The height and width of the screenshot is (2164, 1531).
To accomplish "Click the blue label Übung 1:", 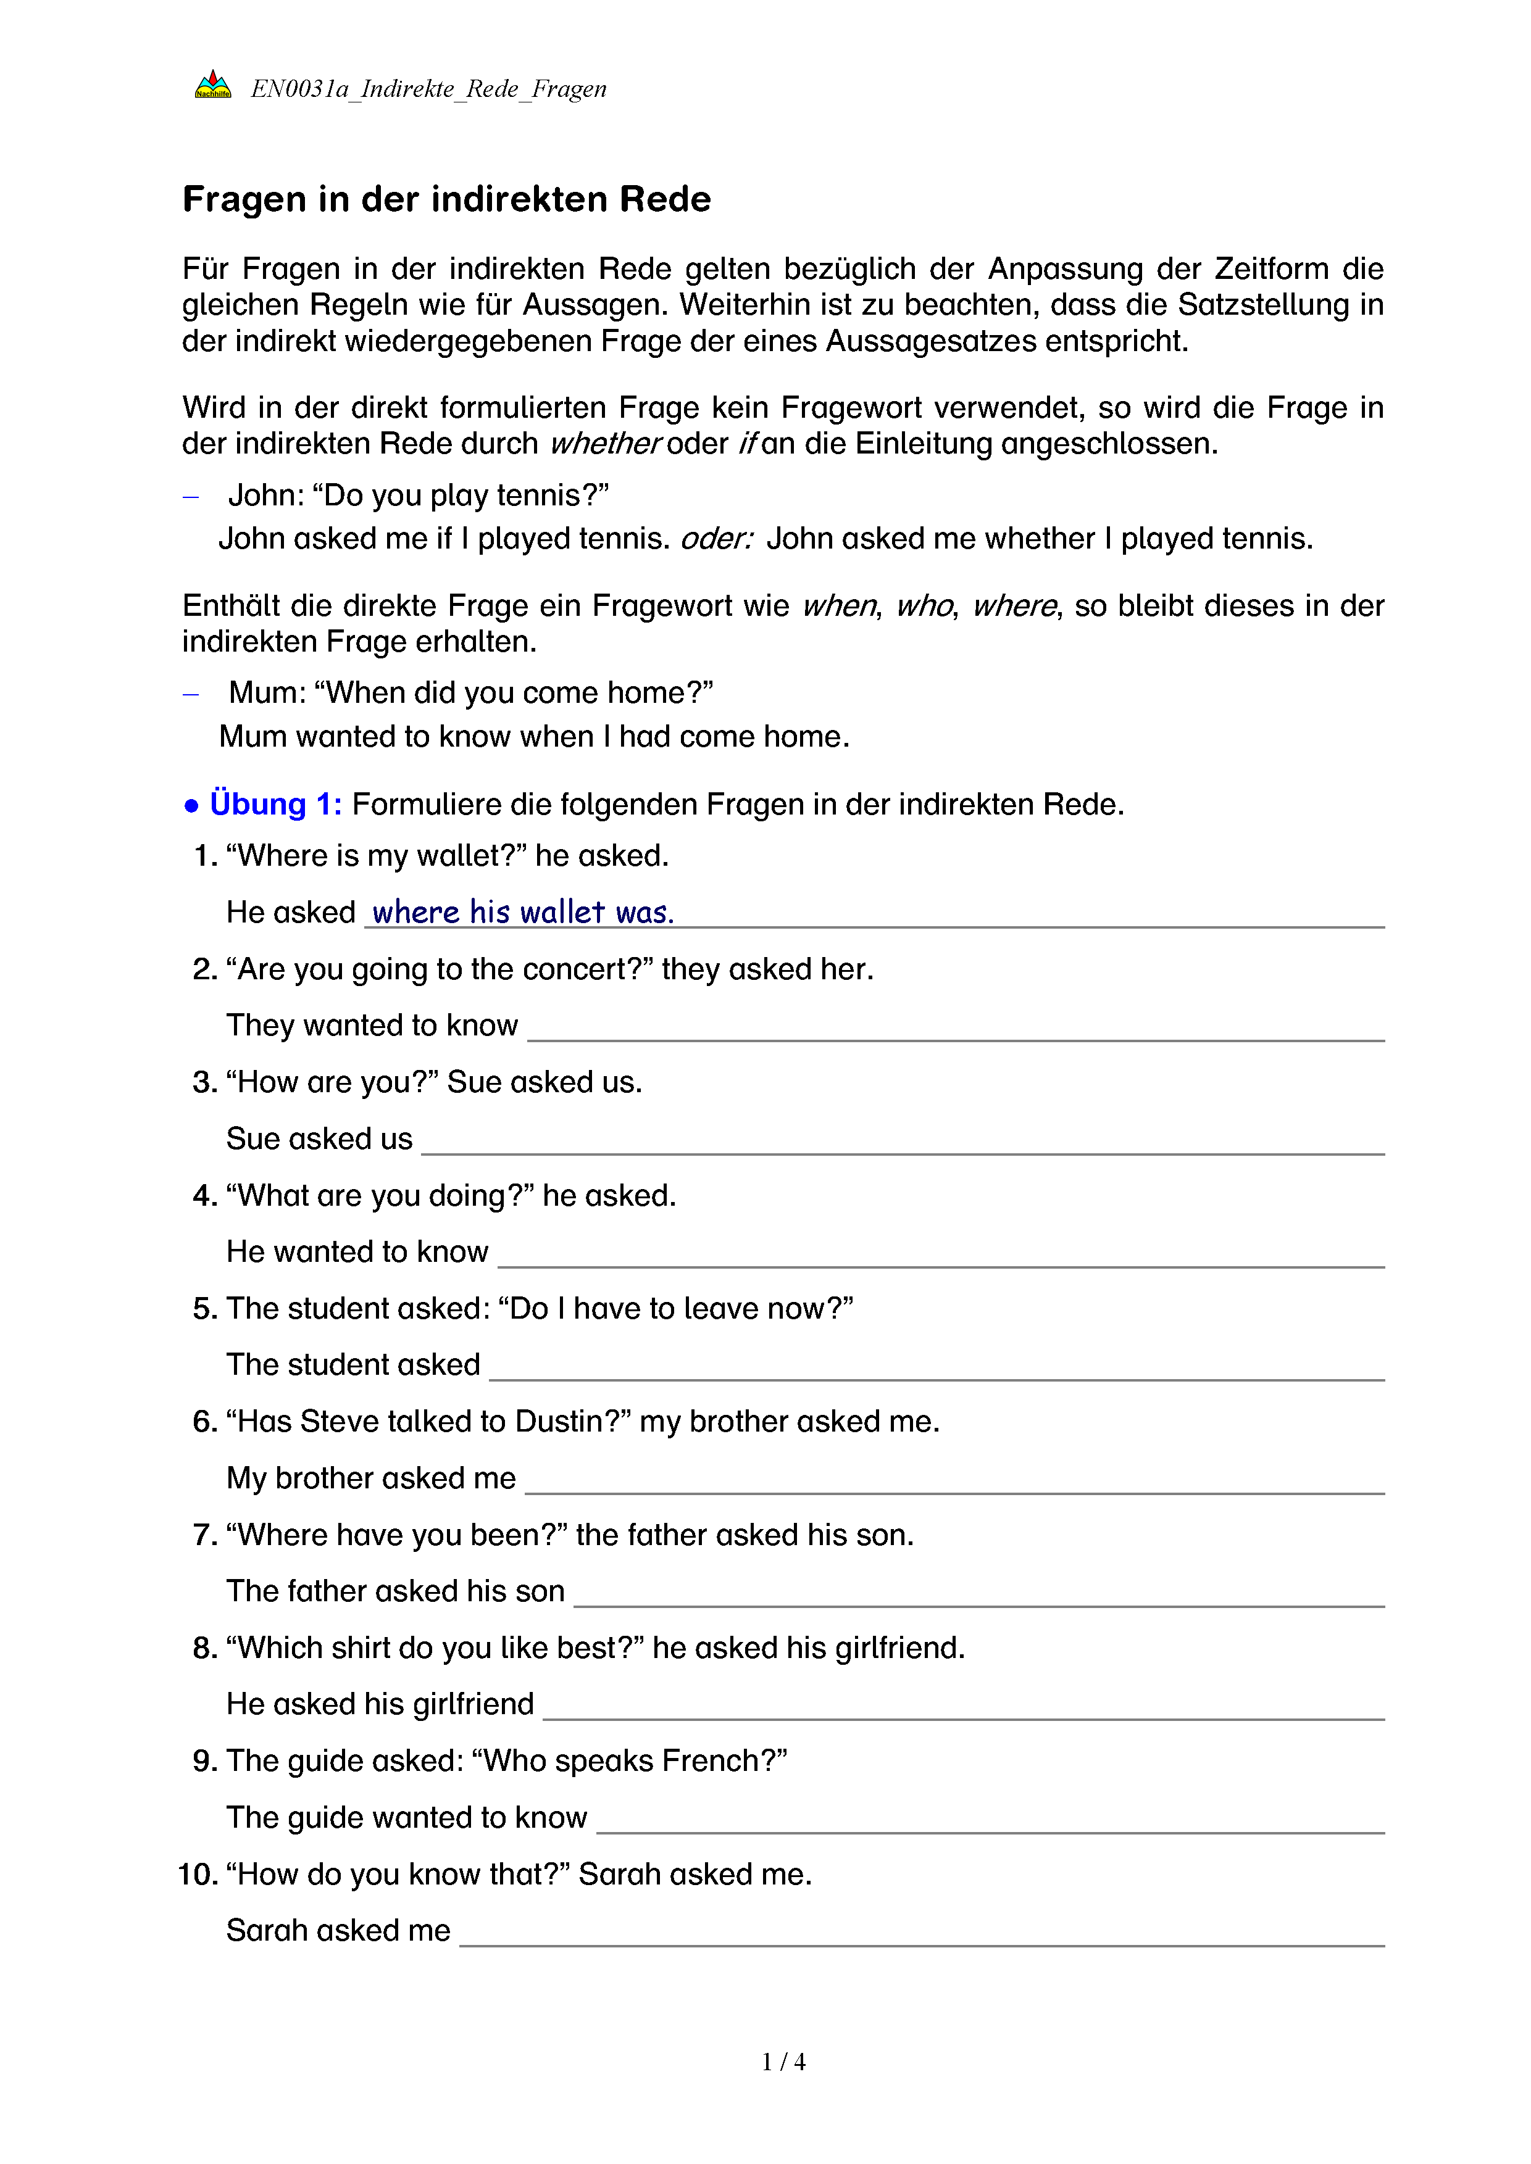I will pos(275,804).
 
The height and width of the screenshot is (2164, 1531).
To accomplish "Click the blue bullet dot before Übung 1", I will pos(191,806).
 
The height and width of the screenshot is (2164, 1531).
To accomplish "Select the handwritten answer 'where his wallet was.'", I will pos(524,913).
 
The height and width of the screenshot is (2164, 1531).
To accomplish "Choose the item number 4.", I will pos(204,1195).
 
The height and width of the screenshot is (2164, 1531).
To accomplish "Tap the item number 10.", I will pos(198,1874).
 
